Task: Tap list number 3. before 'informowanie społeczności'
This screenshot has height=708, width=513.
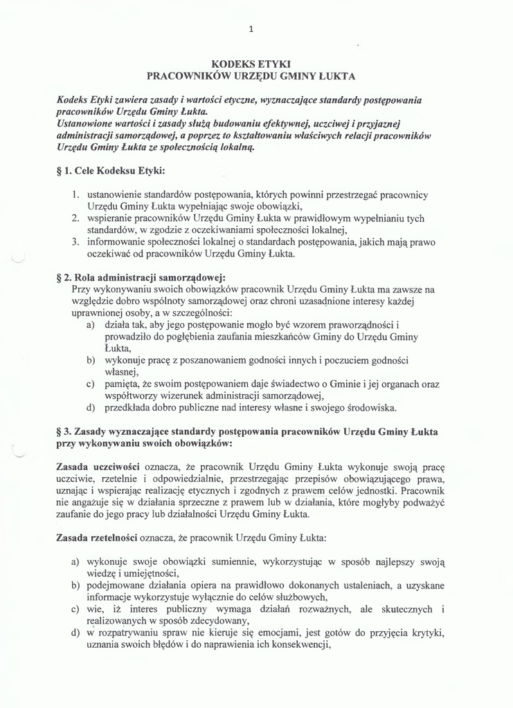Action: pyautogui.click(x=76, y=242)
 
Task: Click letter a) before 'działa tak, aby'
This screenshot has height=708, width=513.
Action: pyautogui.click(x=90, y=324)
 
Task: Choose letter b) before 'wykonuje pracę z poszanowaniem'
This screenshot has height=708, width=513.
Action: pyautogui.click(x=90, y=360)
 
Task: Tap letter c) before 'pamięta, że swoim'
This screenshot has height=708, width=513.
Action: pyautogui.click(x=90, y=384)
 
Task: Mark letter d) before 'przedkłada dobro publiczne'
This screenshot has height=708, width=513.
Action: pyautogui.click(x=90, y=407)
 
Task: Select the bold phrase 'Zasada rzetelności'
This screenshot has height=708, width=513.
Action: pyautogui.click(x=96, y=537)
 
